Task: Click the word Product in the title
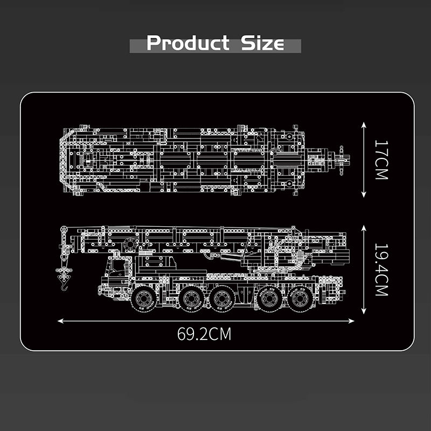click(188, 43)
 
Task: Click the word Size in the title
click(262, 43)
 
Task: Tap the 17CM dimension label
click(381, 159)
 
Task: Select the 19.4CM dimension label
click(381, 270)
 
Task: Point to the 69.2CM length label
click(204, 333)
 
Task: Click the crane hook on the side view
click(64, 278)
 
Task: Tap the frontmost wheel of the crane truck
click(143, 299)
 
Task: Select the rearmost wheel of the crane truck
click(301, 299)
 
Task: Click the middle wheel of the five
click(222, 299)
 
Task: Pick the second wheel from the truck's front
click(191, 299)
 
